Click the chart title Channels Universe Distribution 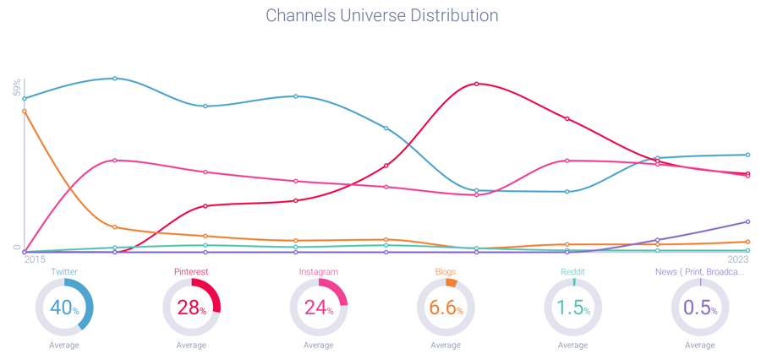coord(381,16)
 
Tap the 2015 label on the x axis coord(35,260)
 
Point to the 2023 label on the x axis coord(737,260)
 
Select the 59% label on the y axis coord(17,88)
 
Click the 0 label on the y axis coord(17,248)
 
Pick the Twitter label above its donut coord(64,272)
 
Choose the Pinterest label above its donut coord(191,272)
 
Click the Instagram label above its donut coord(319,272)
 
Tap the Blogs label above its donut coord(446,272)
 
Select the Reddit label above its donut coord(572,272)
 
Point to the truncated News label coord(700,272)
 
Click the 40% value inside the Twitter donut coord(64,308)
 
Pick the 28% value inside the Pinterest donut coord(191,308)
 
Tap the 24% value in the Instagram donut coord(319,308)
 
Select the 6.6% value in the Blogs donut coord(446,308)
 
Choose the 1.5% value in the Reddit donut coord(572,308)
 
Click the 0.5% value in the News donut coord(700,308)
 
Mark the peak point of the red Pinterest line coord(477,84)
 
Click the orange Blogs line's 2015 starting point coord(25,111)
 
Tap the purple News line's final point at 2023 coord(748,221)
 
